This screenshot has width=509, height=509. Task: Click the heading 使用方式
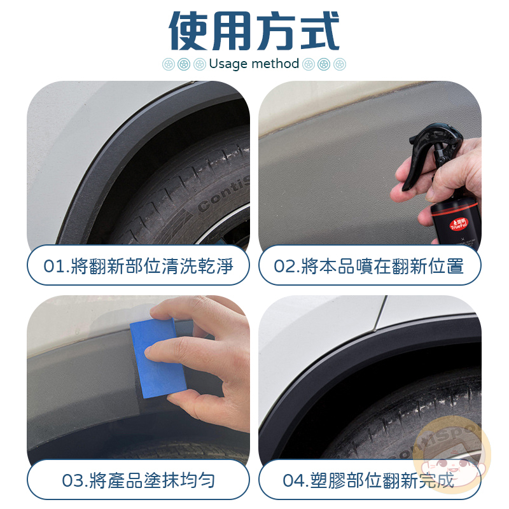[x=254, y=31]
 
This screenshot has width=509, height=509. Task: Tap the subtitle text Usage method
[x=254, y=64]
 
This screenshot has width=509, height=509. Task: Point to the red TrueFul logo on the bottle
[x=458, y=224]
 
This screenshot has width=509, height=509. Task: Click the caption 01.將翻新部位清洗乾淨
[x=138, y=266]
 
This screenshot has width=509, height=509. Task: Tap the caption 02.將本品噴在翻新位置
[x=369, y=266]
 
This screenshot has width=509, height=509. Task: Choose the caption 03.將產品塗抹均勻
[x=138, y=480]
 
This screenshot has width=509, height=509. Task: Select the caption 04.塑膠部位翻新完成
[x=368, y=480]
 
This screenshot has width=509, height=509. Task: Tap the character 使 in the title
[x=189, y=31]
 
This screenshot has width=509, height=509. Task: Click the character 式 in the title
[x=320, y=31]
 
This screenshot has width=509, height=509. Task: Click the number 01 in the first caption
[x=54, y=267]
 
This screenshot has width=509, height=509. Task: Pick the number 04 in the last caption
[x=294, y=481]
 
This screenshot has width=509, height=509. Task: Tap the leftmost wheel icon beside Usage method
[x=169, y=64]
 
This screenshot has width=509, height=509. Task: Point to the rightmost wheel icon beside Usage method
[x=340, y=64]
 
